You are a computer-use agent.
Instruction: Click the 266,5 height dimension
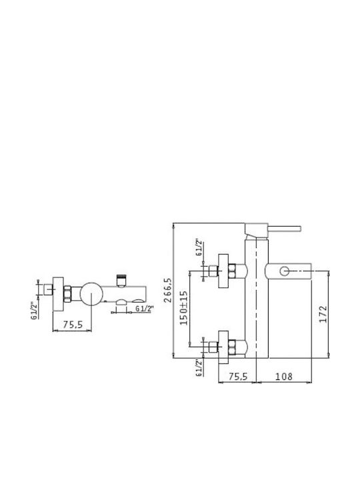[168, 290]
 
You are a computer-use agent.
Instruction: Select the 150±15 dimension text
[184, 307]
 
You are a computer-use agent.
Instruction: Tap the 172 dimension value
[323, 314]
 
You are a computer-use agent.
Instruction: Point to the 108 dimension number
[284, 376]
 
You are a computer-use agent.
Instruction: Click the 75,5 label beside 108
[238, 376]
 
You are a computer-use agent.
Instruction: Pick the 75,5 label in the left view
[73, 325]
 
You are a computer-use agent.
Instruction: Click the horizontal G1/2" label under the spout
[144, 309]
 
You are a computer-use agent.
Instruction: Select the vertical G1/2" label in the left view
[35, 311]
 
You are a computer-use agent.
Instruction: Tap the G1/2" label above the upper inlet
[199, 247]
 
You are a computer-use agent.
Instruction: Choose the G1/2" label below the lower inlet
[199, 367]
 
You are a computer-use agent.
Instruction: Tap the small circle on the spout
[285, 271]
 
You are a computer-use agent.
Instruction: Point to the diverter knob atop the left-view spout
[121, 281]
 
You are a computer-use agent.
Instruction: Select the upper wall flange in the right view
[223, 271]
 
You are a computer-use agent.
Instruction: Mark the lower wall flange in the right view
[223, 347]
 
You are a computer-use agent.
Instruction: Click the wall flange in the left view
[58, 294]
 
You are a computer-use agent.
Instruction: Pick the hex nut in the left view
[67, 294]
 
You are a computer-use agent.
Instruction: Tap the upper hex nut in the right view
[233, 271]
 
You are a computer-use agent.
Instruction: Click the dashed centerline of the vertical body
[256, 306]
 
